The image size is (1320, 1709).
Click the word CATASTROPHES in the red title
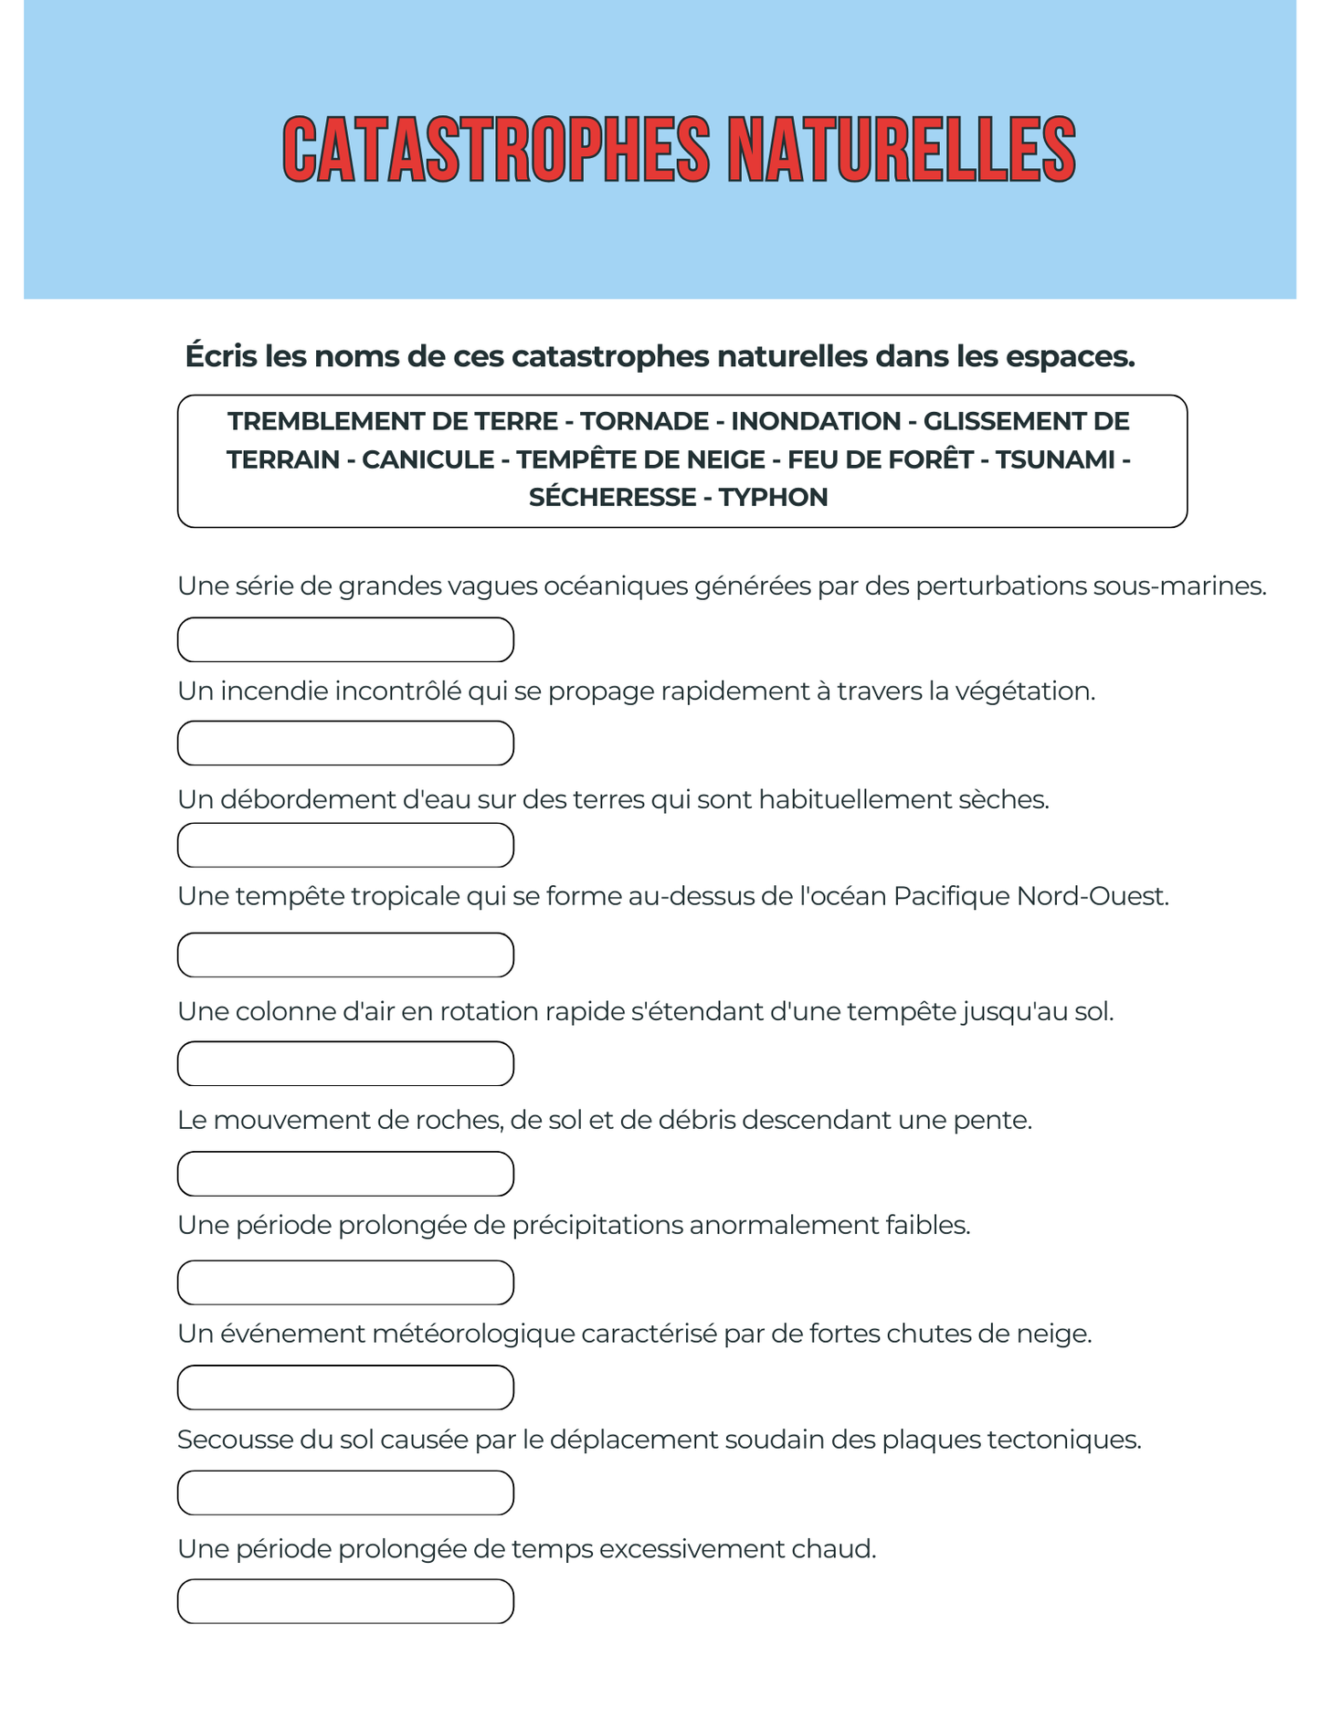pos(495,150)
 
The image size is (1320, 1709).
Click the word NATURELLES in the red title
pos(901,150)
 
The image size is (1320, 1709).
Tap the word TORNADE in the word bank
pos(645,421)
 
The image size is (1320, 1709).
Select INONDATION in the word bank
pos(816,421)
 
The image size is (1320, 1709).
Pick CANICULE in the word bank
pos(428,459)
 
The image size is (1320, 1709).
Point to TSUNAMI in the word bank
pos(1055,459)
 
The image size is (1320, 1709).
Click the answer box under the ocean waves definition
pos(345,639)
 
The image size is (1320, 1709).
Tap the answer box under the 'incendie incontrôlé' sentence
pos(345,743)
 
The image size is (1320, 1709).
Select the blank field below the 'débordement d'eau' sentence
pos(345,845)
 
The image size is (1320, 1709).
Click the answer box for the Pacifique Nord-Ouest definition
pos(345,955)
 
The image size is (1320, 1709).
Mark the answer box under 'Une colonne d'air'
pos(345,1063)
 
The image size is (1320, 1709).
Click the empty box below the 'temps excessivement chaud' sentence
pos(345,1601)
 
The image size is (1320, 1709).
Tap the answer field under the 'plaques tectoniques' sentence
pos(345,1493)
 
